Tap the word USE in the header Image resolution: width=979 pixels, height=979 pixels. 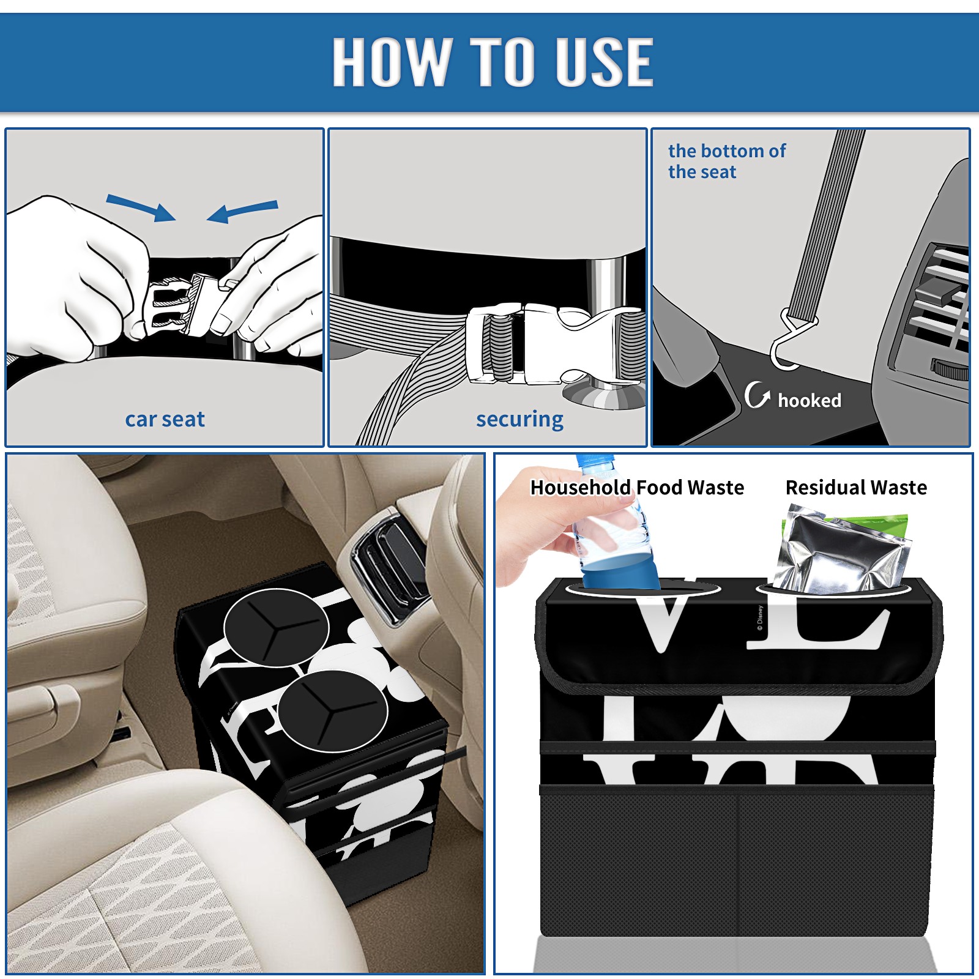pyautogui.click(x=605, y=62)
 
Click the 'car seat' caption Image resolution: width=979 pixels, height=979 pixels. pyautogui.click(x=165, y=419)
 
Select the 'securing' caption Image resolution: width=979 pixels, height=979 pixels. pyautogui.click(x=519, y=420)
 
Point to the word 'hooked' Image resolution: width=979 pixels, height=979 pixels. pyautogui.click(x=810, y=400)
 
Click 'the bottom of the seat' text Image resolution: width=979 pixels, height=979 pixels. pyautogui.click(x=726, y=161)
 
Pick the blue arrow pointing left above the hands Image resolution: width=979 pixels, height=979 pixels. pyautogui.click(x=242, y=211)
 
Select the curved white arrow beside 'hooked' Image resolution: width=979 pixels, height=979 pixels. pyautogui.click(x=756, y=395)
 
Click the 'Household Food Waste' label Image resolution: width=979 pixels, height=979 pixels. pyautogui.click(x=637, y=487)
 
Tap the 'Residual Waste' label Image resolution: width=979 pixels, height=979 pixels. pyautogui.click(x=856, y=487)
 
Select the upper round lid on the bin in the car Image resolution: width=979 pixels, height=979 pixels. pyautogui.click(x=277, y=627)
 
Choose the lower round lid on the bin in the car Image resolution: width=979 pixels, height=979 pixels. pyautogui.click(x=332, y=710)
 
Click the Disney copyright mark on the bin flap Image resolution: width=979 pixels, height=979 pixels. pyautogui.click(x=760, y=618)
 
